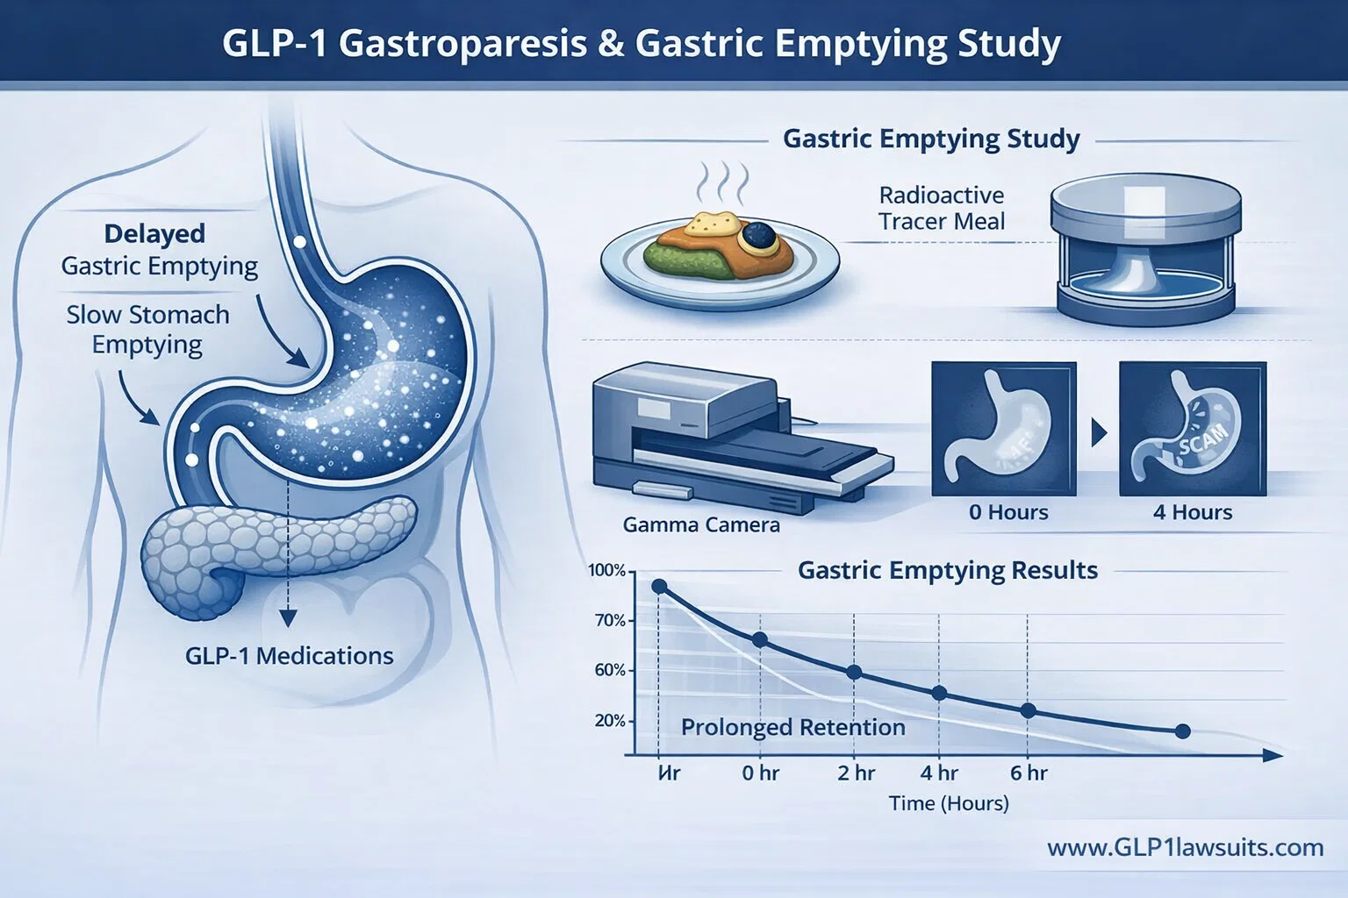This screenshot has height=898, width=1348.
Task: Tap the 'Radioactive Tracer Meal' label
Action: (942, 208)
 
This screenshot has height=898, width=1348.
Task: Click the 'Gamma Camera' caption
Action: (701, 525)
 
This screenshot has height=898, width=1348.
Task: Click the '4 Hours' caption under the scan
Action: (1193, 512)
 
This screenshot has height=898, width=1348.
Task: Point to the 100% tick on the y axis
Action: (607, 571)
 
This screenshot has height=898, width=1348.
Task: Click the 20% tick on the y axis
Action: (610, 721)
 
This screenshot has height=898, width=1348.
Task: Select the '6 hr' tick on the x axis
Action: (1029, 773)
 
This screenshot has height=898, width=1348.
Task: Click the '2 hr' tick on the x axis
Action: (856, 773)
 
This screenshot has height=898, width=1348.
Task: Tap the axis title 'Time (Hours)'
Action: (949, 803)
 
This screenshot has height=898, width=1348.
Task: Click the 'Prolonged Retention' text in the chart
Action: (792, 728)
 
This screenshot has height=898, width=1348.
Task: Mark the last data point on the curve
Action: (1182, 731)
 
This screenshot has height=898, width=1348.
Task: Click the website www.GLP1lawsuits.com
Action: (1185, 848)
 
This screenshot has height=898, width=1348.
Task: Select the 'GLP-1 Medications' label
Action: (290, 656)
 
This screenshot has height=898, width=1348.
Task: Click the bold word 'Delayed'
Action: (154, 234)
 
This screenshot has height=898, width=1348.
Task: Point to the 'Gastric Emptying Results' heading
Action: (948, 571)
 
